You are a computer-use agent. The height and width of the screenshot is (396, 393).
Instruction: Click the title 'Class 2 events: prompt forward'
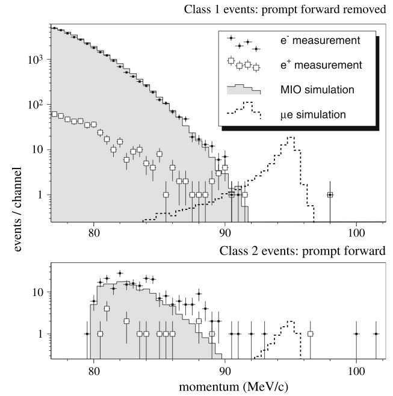[x=303, y=250]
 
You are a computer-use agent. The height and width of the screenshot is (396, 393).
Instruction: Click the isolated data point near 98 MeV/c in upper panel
[x=330, y=195]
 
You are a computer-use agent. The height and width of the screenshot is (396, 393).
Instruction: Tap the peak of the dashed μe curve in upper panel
[x=291, y=137]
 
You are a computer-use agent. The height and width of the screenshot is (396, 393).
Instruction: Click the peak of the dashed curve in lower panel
[x=291, y=321]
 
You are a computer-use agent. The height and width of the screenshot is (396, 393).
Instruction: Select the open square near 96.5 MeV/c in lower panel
[x=311, y=333]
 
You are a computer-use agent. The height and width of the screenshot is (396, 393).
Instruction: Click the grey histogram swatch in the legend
[x=244, y=89]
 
